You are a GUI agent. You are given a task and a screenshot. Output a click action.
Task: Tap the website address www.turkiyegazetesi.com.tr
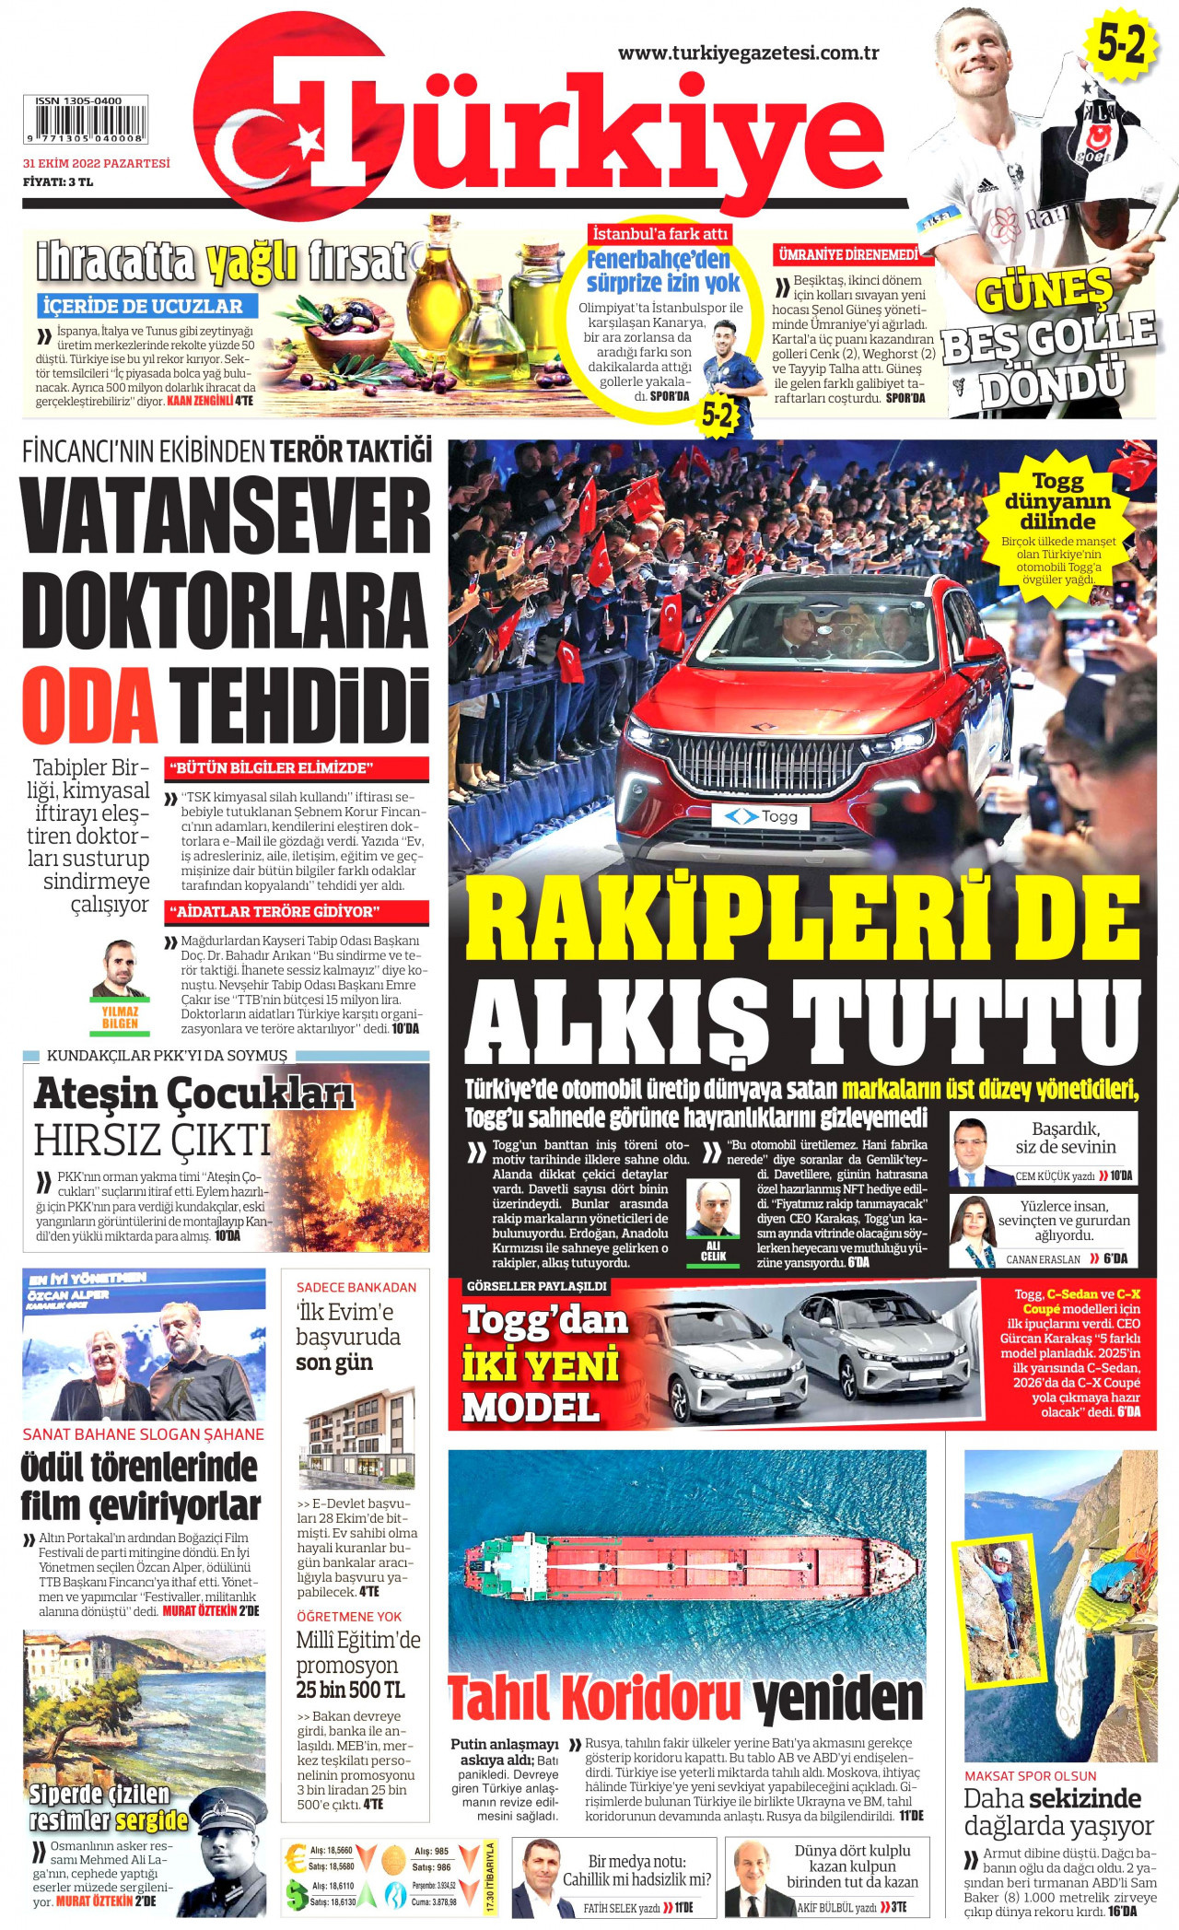748,53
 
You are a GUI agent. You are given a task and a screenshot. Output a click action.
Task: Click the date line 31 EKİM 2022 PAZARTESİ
97,164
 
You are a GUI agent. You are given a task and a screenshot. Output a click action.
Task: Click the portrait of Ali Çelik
713,1209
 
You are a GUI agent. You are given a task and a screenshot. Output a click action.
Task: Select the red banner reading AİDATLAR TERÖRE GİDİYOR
296,912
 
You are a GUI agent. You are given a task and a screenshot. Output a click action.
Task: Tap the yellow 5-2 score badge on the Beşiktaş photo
1121,44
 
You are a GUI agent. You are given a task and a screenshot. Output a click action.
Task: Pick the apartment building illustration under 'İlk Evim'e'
357,1438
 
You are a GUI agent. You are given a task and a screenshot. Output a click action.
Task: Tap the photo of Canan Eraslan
973,1232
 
